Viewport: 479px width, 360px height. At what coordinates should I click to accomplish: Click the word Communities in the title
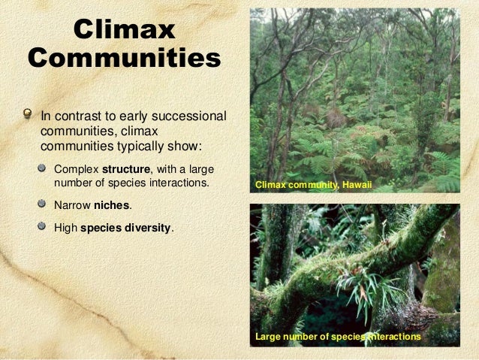tap(125, 59)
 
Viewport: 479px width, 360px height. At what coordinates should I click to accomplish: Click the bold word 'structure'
tap(125, 168)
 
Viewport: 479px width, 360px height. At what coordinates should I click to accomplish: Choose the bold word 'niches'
tap(112, 204)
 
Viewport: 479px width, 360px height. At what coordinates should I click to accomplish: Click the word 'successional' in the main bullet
tap(191, 116)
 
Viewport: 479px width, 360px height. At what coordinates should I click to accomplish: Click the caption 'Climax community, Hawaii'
tap(314, 184)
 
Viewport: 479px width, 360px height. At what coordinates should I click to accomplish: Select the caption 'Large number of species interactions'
tap(338, 337)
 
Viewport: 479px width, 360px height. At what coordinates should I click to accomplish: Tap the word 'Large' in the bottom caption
tap(269, 337)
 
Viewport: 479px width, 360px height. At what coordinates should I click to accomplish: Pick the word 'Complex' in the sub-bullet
tap(77, 168)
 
